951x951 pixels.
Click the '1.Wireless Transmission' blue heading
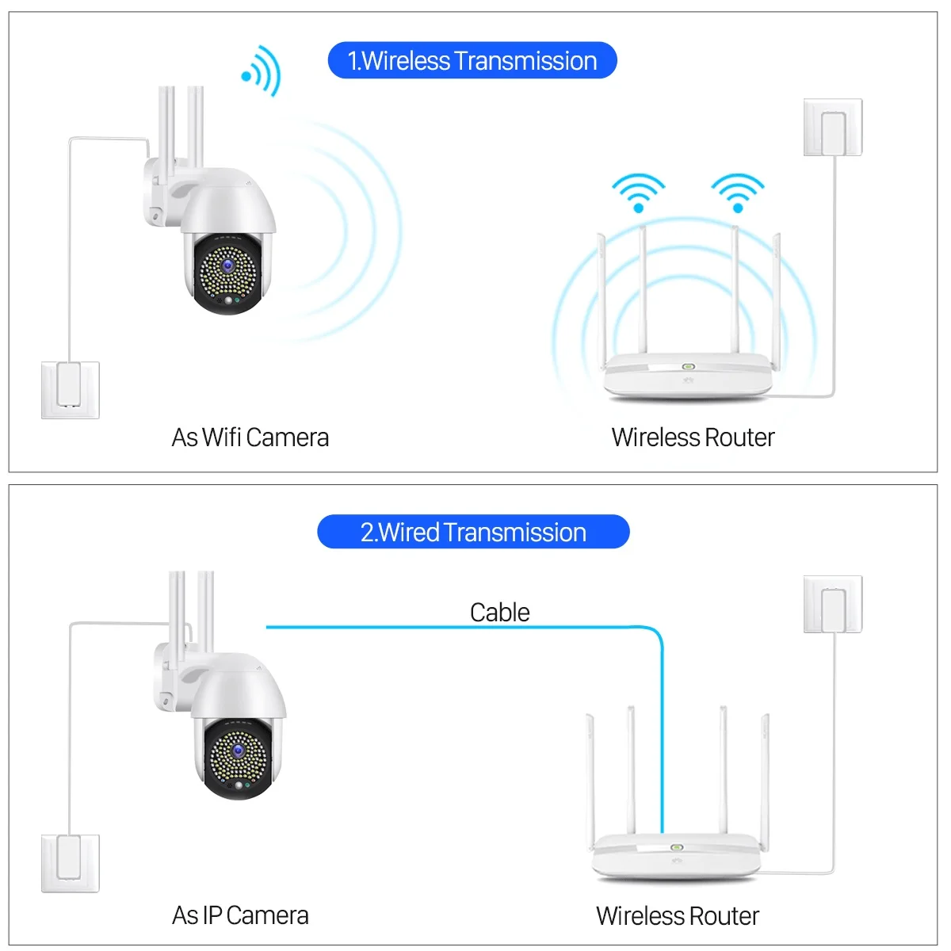click(x=472, y=61)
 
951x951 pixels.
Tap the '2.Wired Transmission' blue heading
click(x=473, y=532)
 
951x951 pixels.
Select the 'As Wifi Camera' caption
click(x=250, y=437)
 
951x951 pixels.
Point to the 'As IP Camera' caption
click(x=240, y=915)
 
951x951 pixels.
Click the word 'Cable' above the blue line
click(x=499, y=612)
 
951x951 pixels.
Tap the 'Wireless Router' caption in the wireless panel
click(x=693, y=437)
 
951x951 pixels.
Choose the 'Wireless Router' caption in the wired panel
click(x=678, y=915)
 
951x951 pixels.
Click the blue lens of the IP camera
click(x=238, y=750)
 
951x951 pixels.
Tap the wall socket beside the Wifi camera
click(x=71, y=390)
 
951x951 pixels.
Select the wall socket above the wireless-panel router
click(x=833, y=127)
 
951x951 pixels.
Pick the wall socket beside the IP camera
click(x=71, y=862)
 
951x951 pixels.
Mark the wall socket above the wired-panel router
click(x=833, y=604)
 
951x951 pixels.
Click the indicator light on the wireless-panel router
click(x=688, y=367)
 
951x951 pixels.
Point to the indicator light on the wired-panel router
click(x=677, y=847)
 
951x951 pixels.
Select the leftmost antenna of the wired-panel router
click(x=590, y=777)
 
